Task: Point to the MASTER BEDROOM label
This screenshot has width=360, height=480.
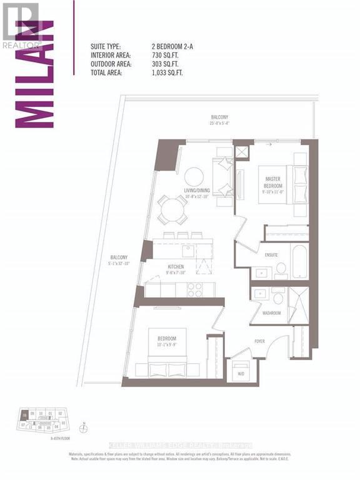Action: pos(273,182)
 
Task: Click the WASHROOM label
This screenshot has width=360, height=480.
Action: pos(271,312)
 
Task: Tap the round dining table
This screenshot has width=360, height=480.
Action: pos(171,209)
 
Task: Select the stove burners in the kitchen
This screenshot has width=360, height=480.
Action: pos(195,289)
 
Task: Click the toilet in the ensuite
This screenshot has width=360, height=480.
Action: pos(281,269)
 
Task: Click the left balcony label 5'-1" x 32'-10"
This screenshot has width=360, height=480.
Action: pos(119,260)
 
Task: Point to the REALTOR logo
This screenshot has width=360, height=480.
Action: pos(21,25)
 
